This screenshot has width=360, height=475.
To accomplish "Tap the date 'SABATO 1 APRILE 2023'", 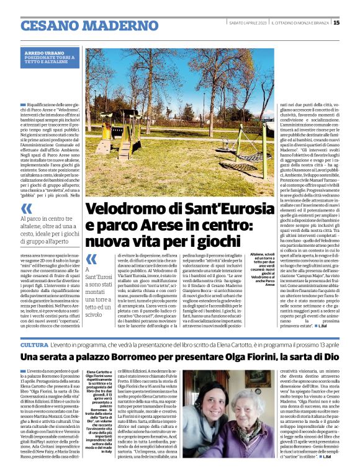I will coord(247,23).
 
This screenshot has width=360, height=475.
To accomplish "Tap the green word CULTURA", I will coord(35,345).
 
